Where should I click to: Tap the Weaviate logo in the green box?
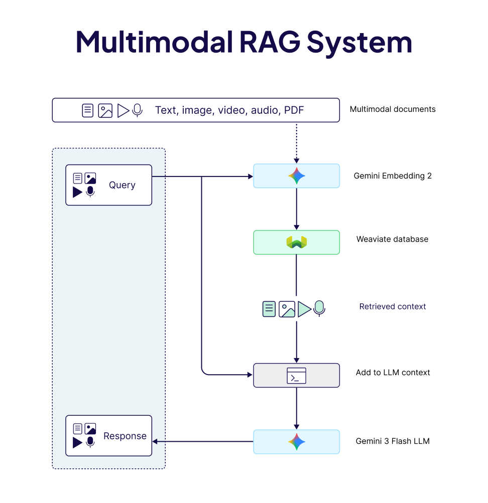pyautogui.click(x=296, y=243)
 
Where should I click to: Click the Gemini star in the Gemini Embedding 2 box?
pyautogui.click(x=296, y=176)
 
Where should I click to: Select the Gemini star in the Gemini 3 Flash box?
pyautogui.click(x=296, y=442)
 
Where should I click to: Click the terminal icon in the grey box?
pyautogui.click(x=296, y=376)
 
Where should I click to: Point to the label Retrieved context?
pyautogui.click(x=392, y=306)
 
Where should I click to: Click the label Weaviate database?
pyautogui.click(x=392, y=239)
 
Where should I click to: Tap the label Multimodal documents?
pyautogui.click(x=392, y=109)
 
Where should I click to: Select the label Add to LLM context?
pyautogui.click(x=393, y=373)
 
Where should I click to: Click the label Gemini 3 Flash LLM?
pyautogui.click(x=392, y=441)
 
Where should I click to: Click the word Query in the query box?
pyautogui.click(x=122, y=185)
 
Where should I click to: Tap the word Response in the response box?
pyautogui.click(x=125, y=436)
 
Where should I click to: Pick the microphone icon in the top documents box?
pyautogui.click(x=137, y=110)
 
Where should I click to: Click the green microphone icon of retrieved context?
pyautogui.click(x=319, y=308)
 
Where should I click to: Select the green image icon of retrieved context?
pyautogui.click(x=287, y=309)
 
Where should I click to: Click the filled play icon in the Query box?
pyautogui.click(x=77, y=192)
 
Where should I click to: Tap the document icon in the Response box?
pyautogui.click(x=77, y=429)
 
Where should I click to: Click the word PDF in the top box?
pyautogui.click(x=294, y=110)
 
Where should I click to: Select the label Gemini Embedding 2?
pyautogui.click(x=392, y=176)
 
